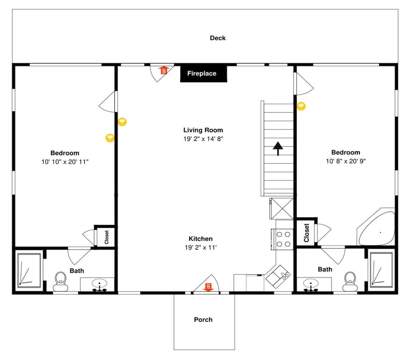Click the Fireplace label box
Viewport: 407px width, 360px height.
(203, 74)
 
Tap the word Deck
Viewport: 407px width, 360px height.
(218, 38)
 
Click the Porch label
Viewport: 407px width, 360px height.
(203, 320)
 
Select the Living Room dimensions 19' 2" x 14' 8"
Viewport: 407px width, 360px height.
(203, 139)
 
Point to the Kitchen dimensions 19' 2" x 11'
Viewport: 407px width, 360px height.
(201, 247)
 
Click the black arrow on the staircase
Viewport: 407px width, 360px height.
(278, 149)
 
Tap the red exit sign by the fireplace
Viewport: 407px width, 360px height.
(164, 70)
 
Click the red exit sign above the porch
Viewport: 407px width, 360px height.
(208, 287)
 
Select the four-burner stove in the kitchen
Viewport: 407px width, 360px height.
(282, 239)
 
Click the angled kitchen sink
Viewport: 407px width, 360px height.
(278, 277)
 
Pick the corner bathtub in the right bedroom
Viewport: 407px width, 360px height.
(376, 227)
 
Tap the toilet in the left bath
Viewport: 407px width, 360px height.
(61, 281)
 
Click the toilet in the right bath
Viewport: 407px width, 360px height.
(350, 281)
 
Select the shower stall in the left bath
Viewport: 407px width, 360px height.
(29, 270)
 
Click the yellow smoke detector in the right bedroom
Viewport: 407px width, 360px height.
(301, 106)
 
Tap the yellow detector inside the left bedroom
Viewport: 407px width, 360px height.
(110, 138)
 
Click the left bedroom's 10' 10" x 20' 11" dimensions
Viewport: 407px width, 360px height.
(65, 162)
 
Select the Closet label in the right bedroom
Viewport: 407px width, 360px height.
(306, 233)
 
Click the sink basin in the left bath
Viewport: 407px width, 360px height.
(99, 283)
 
